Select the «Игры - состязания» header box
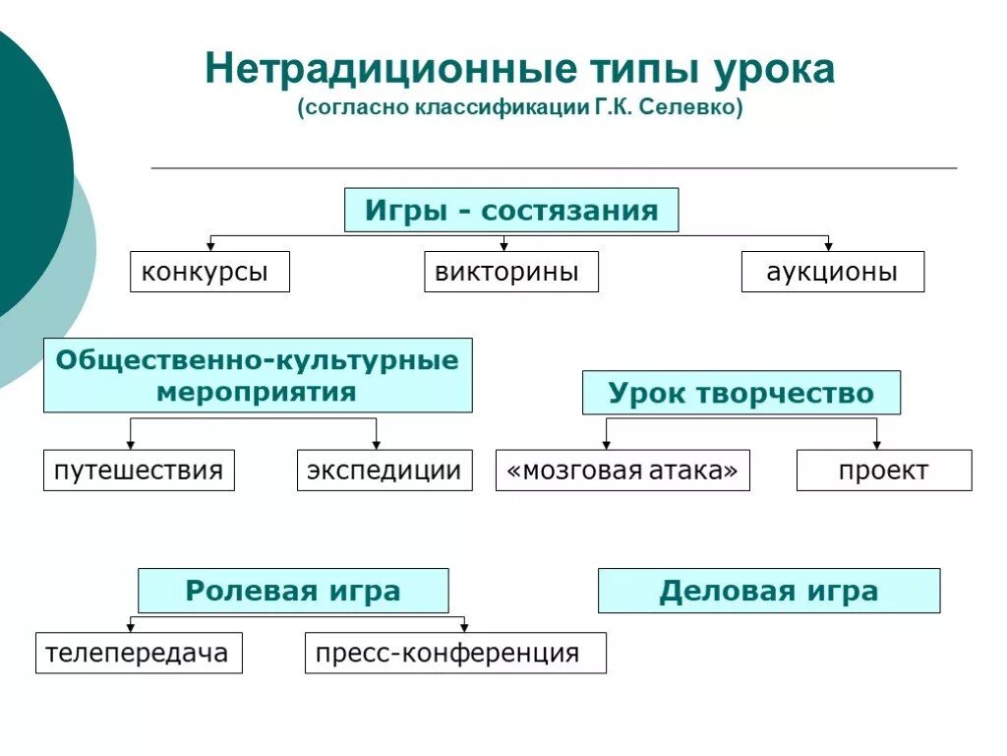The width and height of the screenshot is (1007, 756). click(511, 210)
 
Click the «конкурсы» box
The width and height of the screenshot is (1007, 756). click(209, 272)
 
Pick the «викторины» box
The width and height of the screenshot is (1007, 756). click(511, 272)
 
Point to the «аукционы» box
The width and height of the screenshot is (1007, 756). click(832, 272)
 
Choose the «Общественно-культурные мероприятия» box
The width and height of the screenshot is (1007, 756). click(258, 375)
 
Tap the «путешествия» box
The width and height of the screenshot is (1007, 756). click(139, 471)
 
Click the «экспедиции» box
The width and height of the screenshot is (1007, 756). click(385, 471)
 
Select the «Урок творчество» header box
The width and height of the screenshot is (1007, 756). click(740, 393)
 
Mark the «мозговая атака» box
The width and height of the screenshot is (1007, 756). click(622, 471)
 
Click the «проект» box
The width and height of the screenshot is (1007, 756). click(883, 471)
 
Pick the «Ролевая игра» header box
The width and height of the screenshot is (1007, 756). click(293, 591)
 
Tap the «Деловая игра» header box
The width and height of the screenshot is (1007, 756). click(769, 591)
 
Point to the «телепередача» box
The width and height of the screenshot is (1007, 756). click(139, 653)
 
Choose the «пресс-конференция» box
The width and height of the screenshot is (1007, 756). click(455, 653)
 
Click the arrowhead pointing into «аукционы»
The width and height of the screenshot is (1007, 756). click(828, 246)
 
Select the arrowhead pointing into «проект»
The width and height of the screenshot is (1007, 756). click(876, 445)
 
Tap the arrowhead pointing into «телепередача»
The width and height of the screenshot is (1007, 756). click(131, 627)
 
